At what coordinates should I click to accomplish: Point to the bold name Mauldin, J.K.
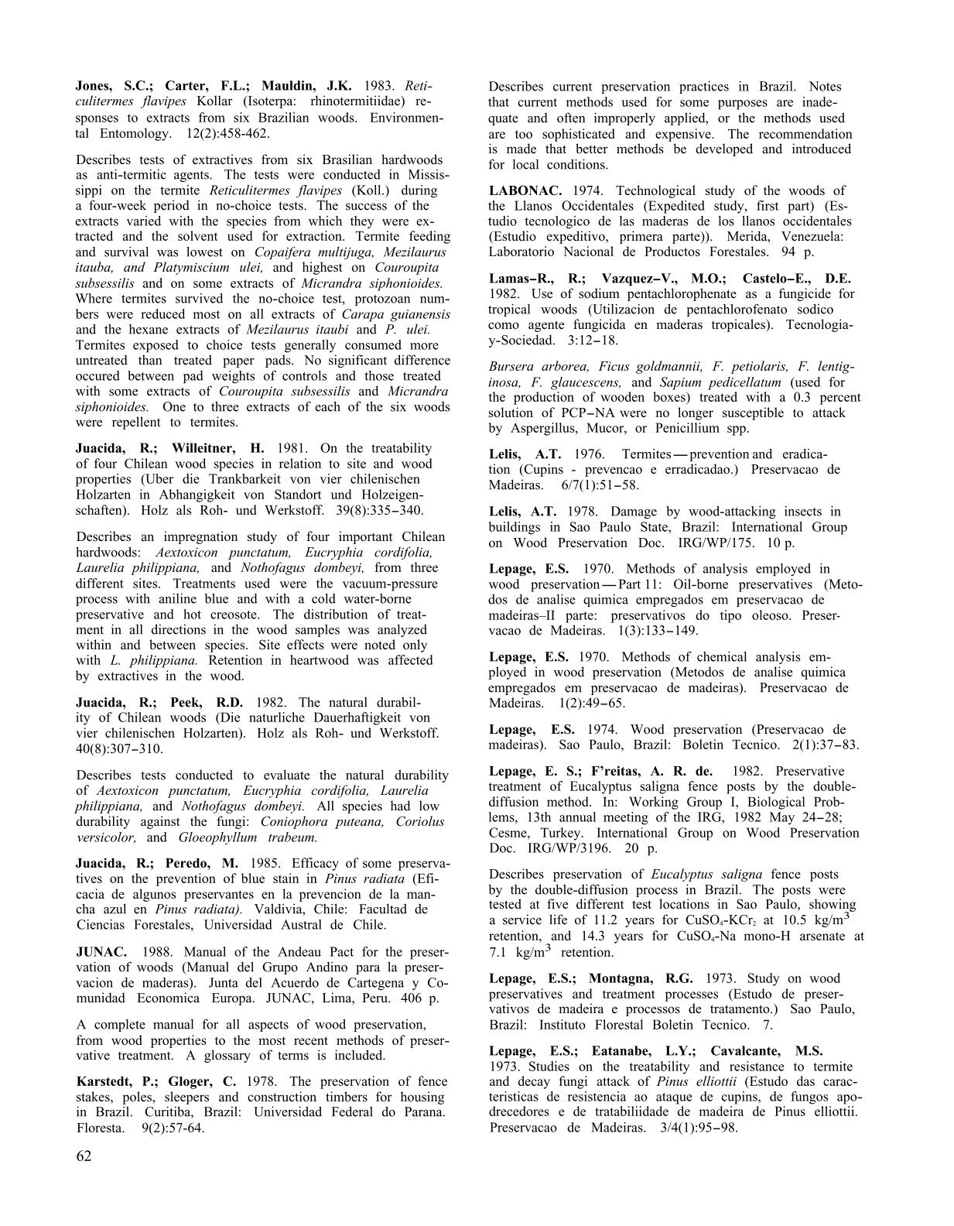[x=306, y=87]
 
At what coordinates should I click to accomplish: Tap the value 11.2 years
[x=640, y=921]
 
